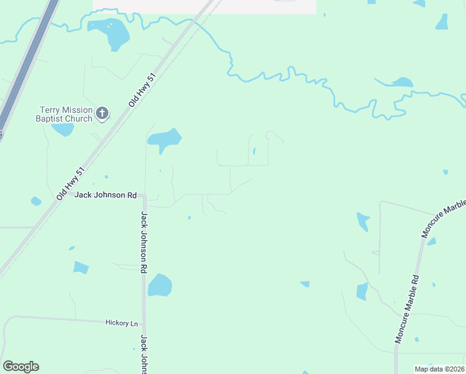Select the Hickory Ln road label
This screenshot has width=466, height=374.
(121, 323)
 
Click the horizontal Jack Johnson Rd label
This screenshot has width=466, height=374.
(105, 195)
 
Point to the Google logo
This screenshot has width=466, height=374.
(21, 367)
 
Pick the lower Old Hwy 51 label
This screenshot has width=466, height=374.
(70, 183)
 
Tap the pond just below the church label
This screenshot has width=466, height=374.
(63, 130)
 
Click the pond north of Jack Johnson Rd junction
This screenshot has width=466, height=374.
(165, 139)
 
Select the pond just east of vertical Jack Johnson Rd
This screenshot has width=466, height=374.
(159, 285)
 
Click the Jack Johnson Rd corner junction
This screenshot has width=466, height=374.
(144, 196)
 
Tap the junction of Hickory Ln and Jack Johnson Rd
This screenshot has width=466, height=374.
(144, 324)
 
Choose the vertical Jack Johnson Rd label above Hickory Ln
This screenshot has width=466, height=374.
(144, 242)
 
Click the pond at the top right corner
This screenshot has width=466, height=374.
(442, 22)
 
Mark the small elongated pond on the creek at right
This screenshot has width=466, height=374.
(401, 82)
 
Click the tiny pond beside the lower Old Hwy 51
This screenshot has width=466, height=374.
(36, 201)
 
